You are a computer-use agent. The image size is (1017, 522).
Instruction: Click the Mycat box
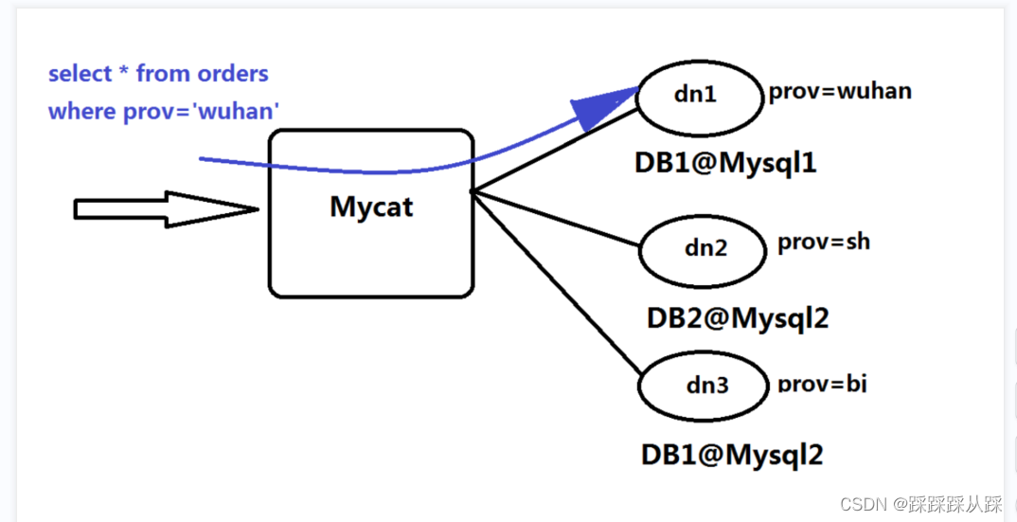coord(371,213)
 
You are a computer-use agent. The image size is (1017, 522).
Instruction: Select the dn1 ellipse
coord(698,95)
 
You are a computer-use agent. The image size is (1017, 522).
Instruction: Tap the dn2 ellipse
coord(705,249)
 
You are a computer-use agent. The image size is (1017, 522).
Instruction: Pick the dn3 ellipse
coord(705,387)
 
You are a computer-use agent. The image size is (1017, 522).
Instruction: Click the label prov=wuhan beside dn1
coord(839,92)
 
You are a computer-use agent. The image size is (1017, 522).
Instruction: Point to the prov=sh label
coord(823,242)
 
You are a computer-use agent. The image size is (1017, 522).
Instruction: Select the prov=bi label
coord(821,384)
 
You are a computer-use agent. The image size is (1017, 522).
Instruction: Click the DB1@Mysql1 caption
coord(725,163)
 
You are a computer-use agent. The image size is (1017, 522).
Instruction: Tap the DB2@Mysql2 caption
coord(738,317)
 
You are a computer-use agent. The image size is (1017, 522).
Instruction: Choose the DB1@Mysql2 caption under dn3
coord(732,455)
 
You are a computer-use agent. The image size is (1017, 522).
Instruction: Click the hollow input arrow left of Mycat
coord(166,209)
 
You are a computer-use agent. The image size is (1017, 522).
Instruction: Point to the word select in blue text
coord(75,73)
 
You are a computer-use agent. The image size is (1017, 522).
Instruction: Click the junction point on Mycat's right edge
coord(473,192)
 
